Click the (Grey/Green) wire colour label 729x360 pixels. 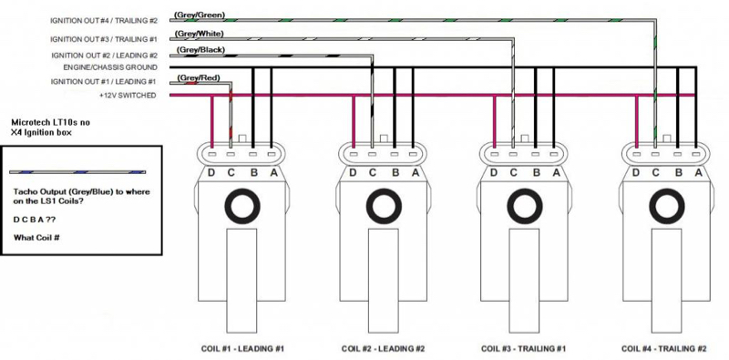(200, 15)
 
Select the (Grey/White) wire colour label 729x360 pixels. (199, 34)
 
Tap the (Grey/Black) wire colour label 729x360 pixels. (200, 50)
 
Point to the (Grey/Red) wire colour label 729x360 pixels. (198, 77)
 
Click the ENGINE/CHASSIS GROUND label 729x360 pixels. (110, 67)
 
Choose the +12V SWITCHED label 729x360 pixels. (128, 96)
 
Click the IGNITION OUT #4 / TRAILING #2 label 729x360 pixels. (104, 21)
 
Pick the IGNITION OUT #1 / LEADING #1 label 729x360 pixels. (104, 82)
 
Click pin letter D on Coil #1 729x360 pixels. (211, 173)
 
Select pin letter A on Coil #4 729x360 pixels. (698, 173)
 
